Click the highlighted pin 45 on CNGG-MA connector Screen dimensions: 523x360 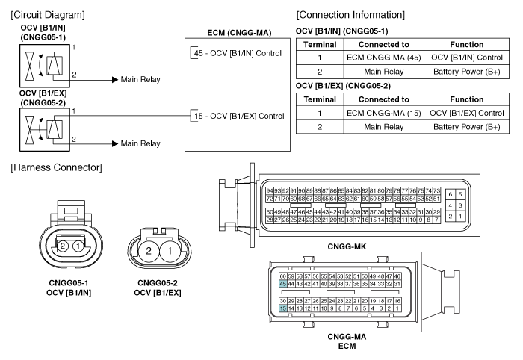283,284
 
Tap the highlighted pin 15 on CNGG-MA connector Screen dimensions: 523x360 283,308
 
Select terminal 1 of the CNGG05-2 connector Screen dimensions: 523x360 170,251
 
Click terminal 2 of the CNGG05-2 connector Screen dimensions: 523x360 149,251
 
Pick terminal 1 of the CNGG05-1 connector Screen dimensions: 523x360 78,246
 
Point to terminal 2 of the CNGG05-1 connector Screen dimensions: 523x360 62,246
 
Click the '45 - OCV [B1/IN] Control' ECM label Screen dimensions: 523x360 238,53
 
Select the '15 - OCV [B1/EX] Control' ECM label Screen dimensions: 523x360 239,116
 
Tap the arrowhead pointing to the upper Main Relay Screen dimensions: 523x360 115,80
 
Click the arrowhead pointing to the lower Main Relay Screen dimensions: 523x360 115,143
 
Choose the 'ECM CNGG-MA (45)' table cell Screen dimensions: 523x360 384,58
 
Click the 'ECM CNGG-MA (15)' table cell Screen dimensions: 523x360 384,113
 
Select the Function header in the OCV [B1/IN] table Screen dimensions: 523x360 467,44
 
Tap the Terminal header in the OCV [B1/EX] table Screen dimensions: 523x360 320,99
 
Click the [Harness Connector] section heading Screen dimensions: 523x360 56,167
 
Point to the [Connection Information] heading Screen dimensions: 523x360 350,15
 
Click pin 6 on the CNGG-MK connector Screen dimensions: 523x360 451,194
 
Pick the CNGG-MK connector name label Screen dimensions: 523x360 347,246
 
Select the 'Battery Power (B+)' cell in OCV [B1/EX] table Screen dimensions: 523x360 467,127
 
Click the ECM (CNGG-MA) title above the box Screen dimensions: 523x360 239,33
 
